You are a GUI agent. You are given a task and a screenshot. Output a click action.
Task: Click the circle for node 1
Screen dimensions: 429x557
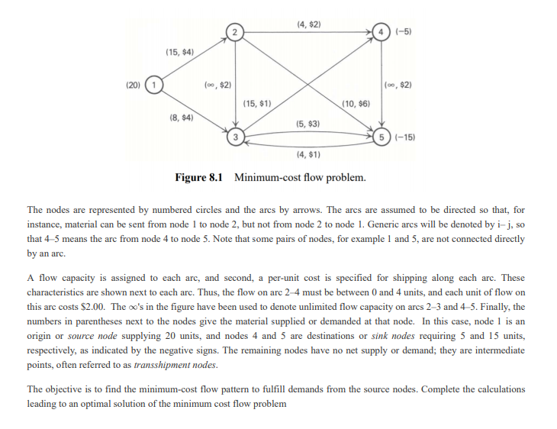point(155,83)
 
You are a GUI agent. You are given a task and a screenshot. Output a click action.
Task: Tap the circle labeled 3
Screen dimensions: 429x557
point(237,137)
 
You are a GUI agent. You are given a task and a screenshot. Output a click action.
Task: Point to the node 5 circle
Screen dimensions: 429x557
point(381,137)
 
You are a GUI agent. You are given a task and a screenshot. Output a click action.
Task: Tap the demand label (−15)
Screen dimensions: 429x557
point(404,137)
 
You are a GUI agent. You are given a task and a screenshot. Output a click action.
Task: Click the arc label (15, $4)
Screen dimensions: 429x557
point(179,51)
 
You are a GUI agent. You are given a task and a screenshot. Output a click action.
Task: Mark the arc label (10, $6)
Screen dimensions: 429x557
point(356,103)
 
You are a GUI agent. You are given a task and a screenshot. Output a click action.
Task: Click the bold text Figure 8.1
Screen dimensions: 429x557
point(200,178)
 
